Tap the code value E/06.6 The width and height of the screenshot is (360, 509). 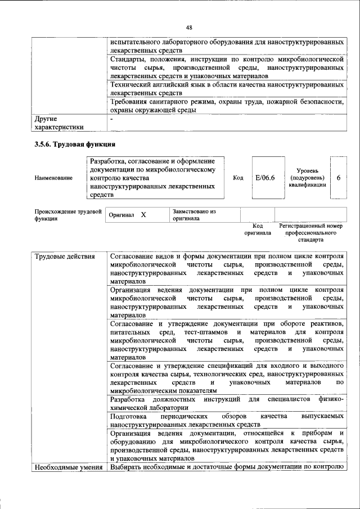[x=264, y=178]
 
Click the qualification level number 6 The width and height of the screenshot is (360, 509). [x=339, y=178]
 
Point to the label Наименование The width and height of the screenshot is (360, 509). [x=53, y=178]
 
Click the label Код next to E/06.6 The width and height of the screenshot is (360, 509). [x=237, y=178]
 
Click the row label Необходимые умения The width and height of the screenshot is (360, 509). [x=68, y=467]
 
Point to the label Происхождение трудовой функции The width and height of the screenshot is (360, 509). [x=67, y=215]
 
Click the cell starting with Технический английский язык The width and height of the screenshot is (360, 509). [x=227, y=88]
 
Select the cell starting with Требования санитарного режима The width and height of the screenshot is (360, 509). [x=227, y=106]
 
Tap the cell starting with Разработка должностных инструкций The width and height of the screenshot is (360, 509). [x=227, y=403]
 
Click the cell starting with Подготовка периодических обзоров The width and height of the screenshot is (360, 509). [x=227, y=421]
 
